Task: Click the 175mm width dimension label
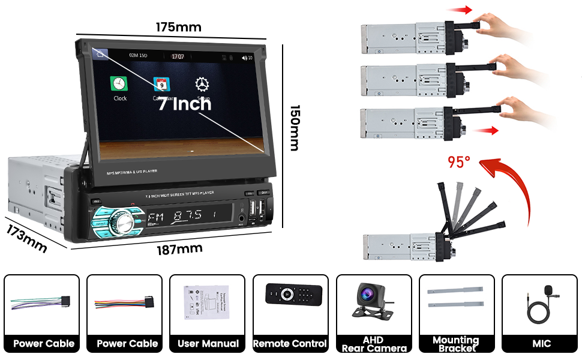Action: [x=179, y=27]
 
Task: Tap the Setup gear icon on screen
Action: [x=202, y=84]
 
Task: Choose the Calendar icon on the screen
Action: [x=161, y=84]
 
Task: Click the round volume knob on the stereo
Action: [x=126, y=220]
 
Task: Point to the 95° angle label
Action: [x=460, y=163]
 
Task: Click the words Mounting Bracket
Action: [x=456, y=344]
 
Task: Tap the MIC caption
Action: [x=538, y=344]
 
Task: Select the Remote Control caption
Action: [x=290, y=344]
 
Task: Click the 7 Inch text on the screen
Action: [x=184, y=103]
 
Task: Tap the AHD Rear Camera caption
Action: [x=373, y=344]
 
